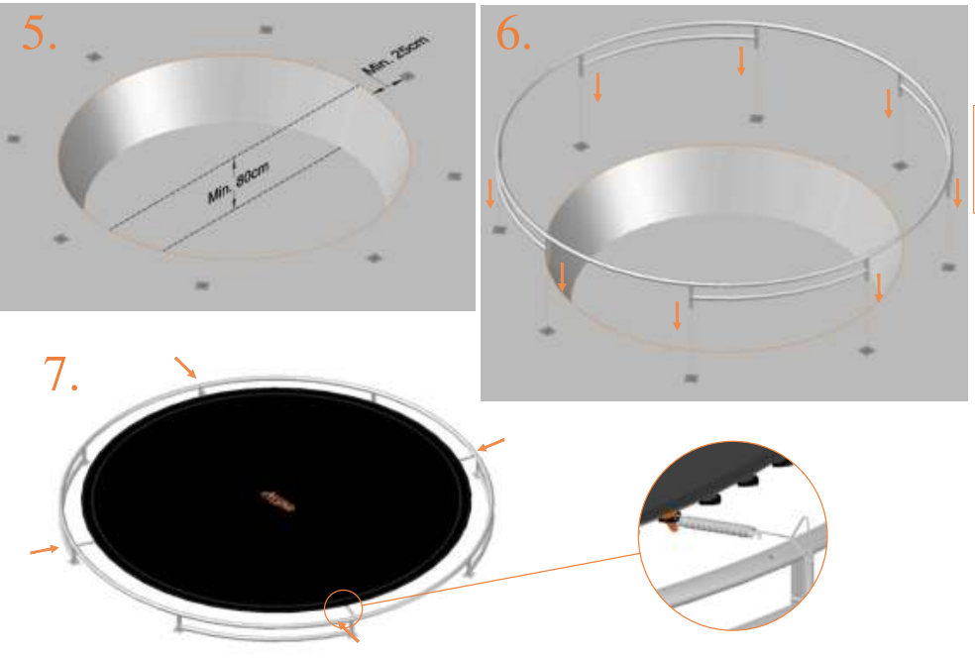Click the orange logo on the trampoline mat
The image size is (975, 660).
click(x=278, y=501)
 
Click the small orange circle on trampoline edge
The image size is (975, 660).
click(x=343, y=605)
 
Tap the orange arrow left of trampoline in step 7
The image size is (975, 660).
click(x=43, y=548)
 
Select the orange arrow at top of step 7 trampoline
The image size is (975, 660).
click(x=185, y=367)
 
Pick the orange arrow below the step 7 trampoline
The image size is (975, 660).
click(x=350, y=631)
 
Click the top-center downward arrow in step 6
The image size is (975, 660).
click(x=741, y=62)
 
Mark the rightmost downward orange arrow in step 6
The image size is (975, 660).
click(x=957, y=191)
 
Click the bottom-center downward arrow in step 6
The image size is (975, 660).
click(x=677, y=315)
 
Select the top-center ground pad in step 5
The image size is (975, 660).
click(x=266, y=31)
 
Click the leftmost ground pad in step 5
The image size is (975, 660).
click(x=13, y=139)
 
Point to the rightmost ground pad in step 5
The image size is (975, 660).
click(x=455, y=176)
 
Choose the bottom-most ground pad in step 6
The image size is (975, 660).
click(x=691, y=378)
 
